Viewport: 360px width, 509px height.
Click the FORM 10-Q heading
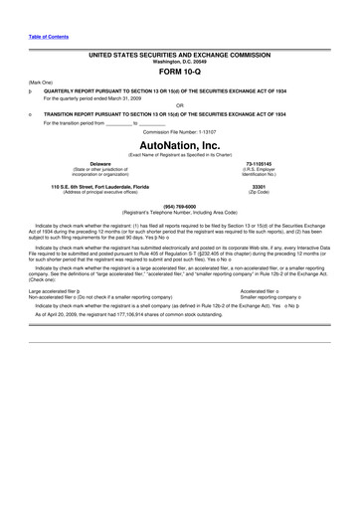pyautogui.click(x=179, y=72)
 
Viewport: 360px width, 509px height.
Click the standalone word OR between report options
pyautogui.click(x=179, y=105)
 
